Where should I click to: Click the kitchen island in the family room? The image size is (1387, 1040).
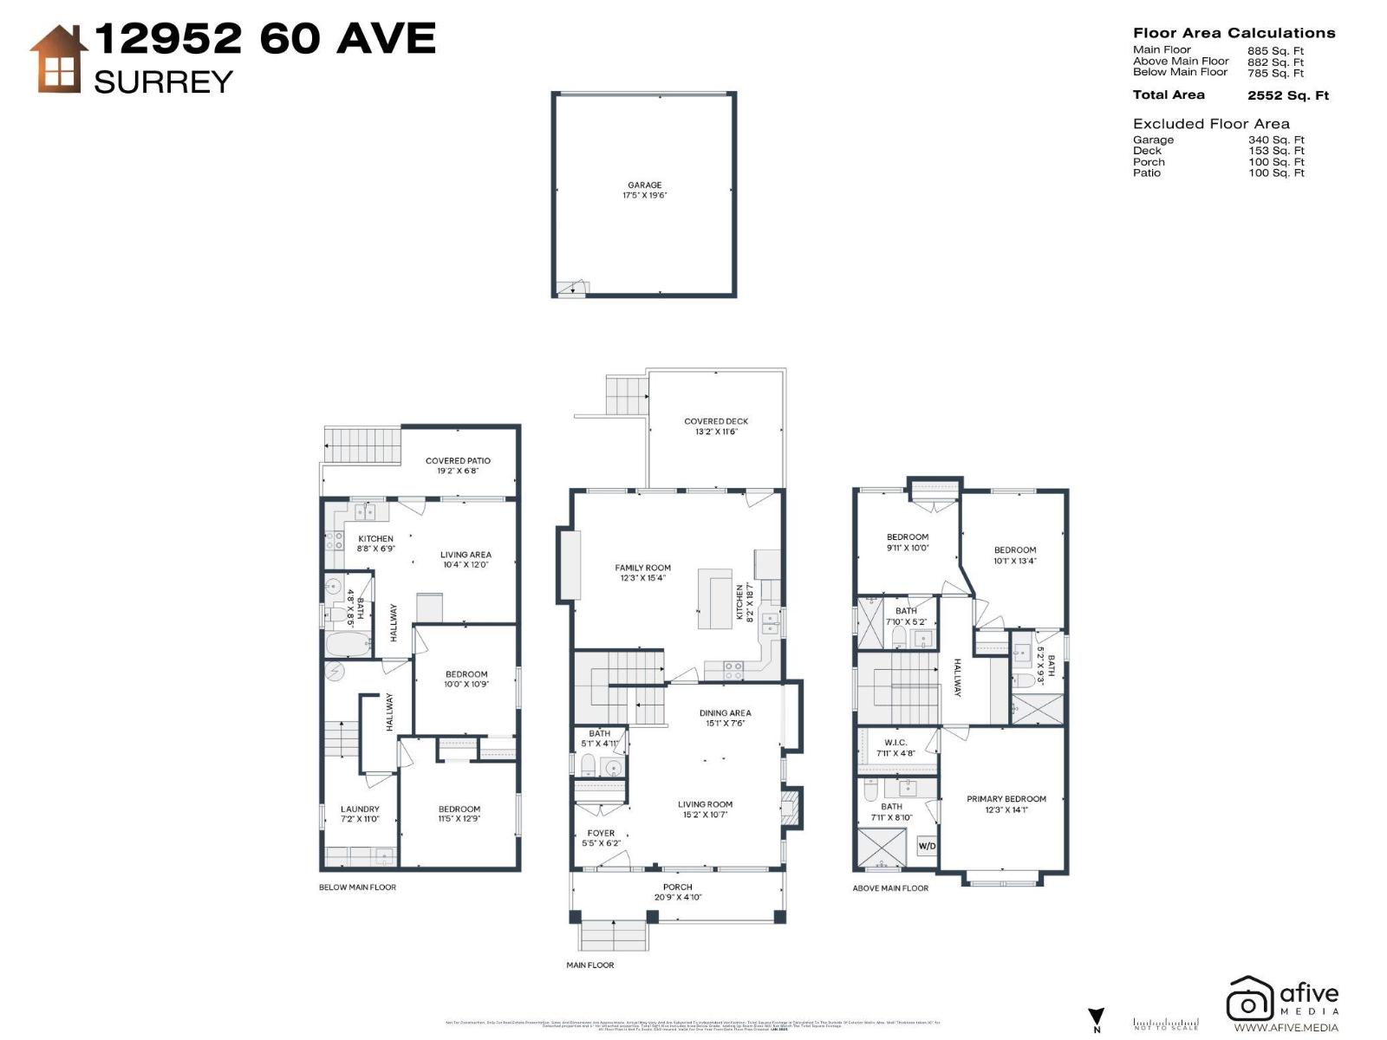tap(714, 598)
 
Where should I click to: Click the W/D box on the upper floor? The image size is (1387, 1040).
tap(927, 845)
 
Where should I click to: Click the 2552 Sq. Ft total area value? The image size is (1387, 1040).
tap(1287, 95)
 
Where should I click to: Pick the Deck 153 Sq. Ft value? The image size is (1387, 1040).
tap(1276, 151)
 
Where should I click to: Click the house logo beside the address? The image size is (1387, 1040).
tap(57, 59)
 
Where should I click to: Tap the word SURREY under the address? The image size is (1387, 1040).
tap(163, 82)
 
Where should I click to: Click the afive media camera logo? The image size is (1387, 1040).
tap(1249, 999)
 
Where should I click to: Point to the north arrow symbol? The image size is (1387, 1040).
tap(1096, 1017)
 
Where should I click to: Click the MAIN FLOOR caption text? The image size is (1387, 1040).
tap(590, 965)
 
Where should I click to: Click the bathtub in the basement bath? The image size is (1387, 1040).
tap(348, 645)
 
